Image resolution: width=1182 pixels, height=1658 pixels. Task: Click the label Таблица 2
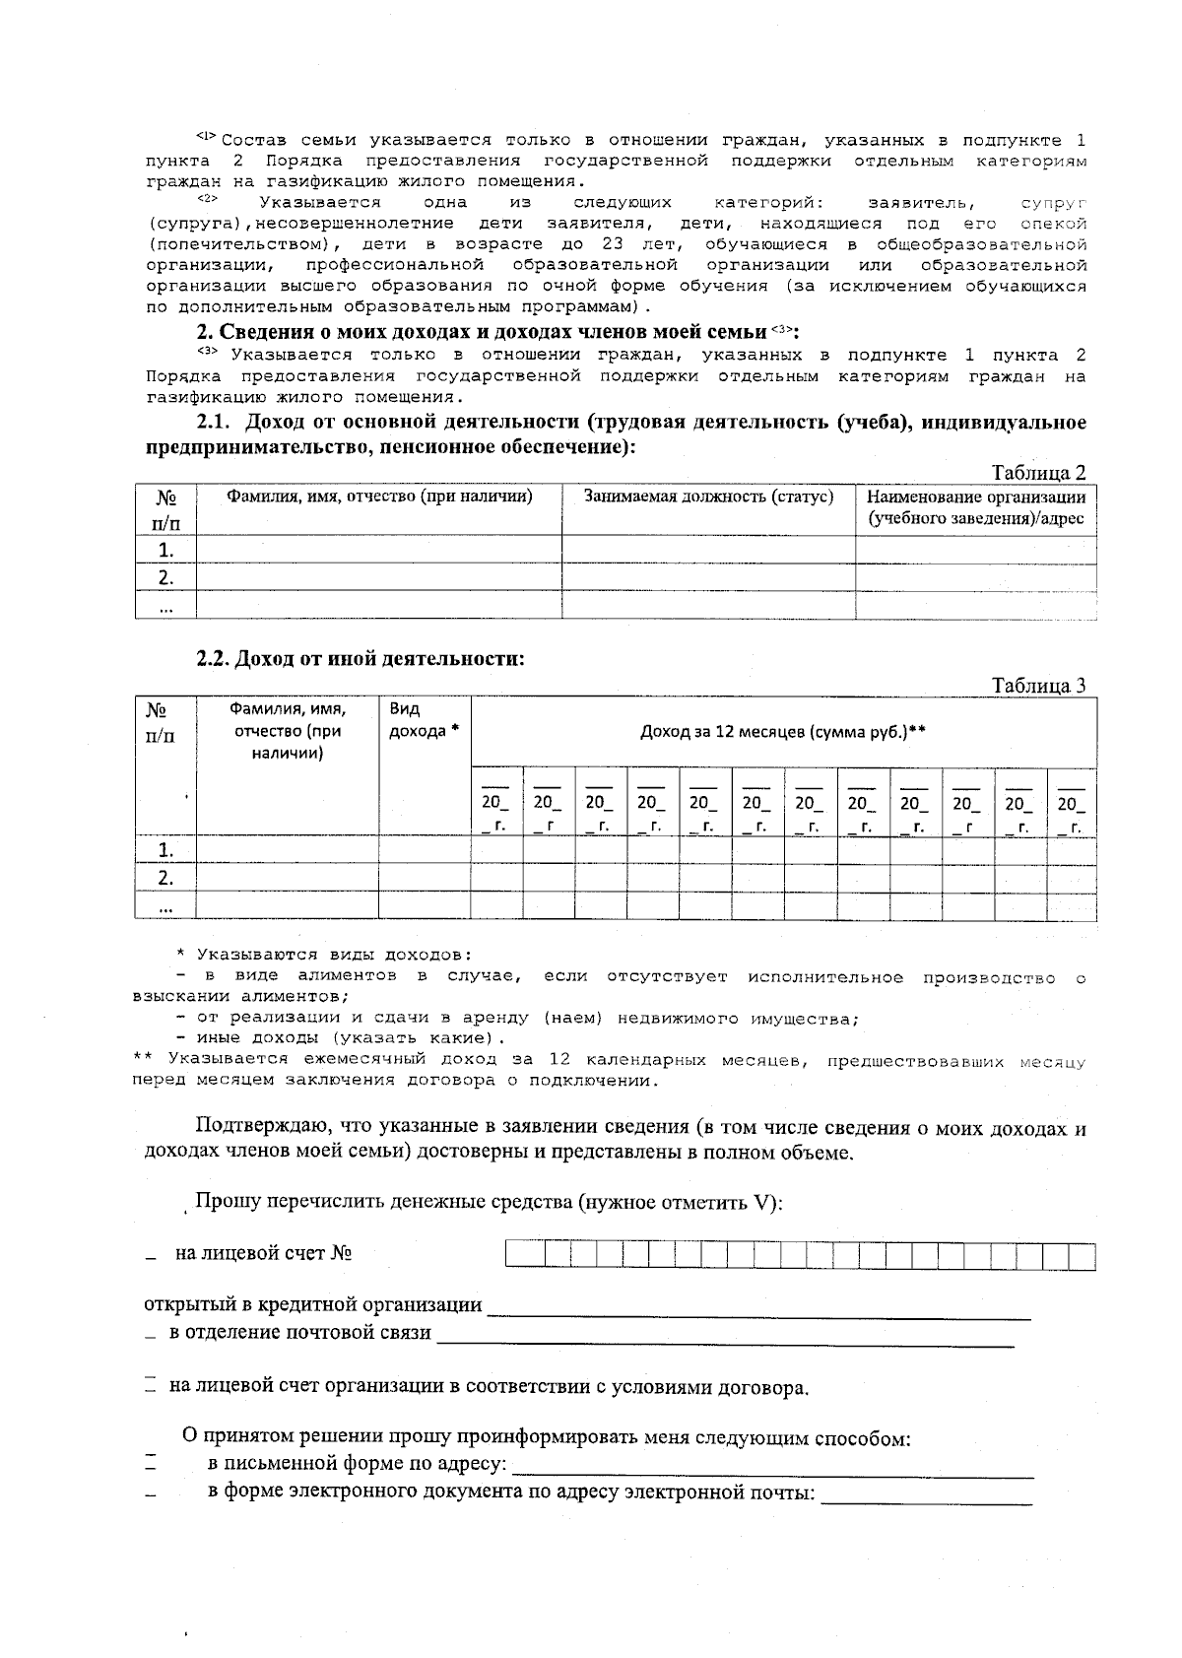point(1038,473)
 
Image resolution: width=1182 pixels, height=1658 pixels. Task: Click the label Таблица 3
point(1038,686)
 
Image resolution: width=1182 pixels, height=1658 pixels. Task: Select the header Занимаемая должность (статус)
point(708,497)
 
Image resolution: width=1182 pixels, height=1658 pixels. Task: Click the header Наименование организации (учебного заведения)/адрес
point(975,507)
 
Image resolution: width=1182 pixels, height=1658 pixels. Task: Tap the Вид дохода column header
point(425,720)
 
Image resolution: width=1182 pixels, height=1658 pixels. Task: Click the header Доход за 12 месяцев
point(783,732)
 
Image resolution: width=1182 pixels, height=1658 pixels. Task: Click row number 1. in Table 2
point(165,550)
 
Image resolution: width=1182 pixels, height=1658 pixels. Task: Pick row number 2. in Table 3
point(165,878)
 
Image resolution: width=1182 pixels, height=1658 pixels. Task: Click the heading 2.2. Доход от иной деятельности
point(360,659)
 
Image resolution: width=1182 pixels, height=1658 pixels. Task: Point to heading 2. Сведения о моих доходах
point(483,330)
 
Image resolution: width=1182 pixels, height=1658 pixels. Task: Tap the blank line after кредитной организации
point(758,1308)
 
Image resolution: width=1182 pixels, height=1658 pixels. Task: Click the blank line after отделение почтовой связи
point(725,1336)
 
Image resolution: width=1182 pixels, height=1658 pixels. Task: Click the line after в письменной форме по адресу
point(773,1468)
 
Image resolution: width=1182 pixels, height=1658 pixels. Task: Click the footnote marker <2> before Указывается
point(206,199)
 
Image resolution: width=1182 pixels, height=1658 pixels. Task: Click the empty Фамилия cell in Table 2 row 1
point(378,550)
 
